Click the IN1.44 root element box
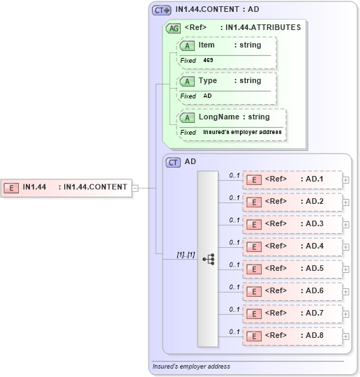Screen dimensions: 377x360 tap(66, 187)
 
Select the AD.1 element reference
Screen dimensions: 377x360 tap(292, 179)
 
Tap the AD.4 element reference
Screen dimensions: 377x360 tap(292, 246)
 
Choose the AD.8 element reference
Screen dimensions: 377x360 tap(292, 336)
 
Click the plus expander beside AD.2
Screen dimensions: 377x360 tap(346, 202)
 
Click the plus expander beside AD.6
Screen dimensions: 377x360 tap(346, 292)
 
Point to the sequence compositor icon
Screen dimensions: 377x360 tap(208, 258)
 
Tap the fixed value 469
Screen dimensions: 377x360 tap(209, 61)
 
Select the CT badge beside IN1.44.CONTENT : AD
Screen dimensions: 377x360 tap(161, 10)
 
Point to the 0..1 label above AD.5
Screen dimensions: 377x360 tap(234, 265)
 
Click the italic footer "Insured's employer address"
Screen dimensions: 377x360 tap(191, 366)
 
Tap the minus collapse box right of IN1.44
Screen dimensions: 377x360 tap(135, 187)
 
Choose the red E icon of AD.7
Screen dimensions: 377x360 tap(255, 313)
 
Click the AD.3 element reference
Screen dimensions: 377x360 tap(292, 224)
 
